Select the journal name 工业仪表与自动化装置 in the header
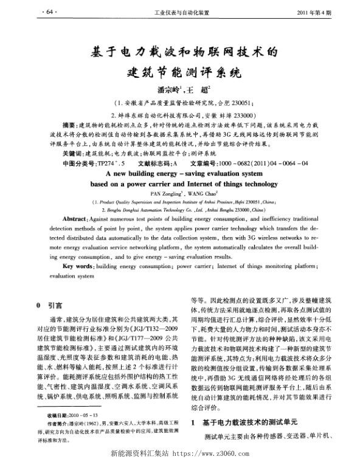click(182, 12)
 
